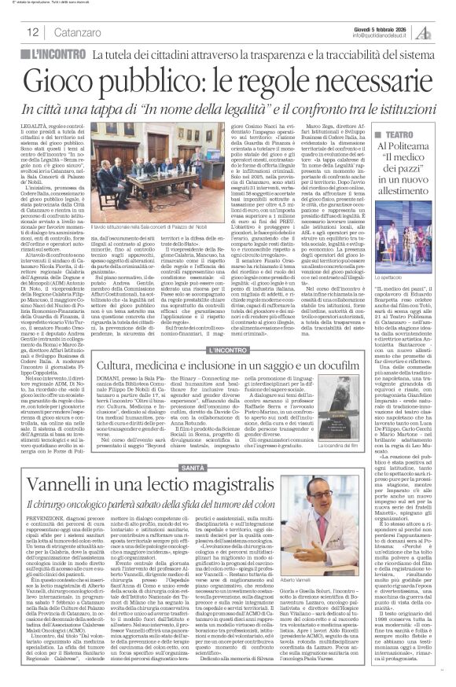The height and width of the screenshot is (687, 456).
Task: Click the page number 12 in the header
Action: pyautogui.click(x=34, y=31)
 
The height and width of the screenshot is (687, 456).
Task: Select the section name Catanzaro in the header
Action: pyautogui.click(x=77, y=32)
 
